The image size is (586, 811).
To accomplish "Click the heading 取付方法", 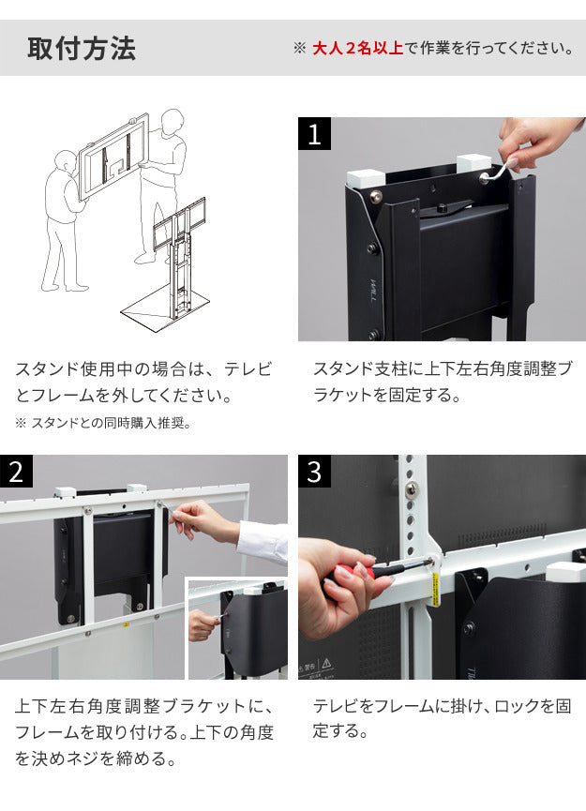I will click(x=82, y=48).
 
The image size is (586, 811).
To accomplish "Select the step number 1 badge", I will click(x=314, y=133).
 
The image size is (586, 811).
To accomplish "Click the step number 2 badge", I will click(x=16, y=471).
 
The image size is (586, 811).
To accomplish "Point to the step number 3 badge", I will click(x=314, y=471).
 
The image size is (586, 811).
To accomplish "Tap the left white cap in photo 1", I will click(x=365, y=178).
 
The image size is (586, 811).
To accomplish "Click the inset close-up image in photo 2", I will click(x=237, y=628).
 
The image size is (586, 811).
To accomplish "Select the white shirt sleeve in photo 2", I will click(x=263, y=542).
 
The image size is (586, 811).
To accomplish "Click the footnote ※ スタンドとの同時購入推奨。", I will click(x=103, y=423).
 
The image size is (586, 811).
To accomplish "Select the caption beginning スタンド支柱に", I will click(x=442, y=382).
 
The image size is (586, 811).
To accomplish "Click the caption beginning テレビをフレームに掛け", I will click(x=442, y=718).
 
